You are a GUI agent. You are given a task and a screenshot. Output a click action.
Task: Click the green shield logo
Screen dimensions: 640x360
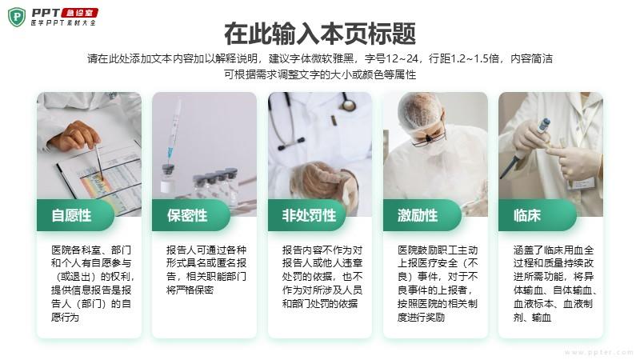pos(16,17)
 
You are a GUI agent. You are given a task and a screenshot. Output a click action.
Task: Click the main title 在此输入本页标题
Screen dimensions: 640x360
pos(320,34)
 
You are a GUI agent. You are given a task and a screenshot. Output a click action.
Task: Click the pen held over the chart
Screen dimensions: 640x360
pos(98,161)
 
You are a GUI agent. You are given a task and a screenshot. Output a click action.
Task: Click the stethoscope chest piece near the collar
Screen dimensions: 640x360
pos(348,106)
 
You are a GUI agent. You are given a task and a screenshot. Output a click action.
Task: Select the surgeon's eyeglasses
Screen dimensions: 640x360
pos(426,139)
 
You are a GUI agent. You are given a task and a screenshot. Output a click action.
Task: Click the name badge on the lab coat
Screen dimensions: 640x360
pos(582,183)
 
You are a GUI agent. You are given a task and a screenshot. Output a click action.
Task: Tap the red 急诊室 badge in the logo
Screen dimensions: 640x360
pos(80,13)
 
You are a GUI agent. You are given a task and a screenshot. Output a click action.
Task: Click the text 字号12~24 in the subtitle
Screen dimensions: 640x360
pos(391,58)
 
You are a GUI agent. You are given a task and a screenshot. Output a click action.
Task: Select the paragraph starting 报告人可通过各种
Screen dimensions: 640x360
pos(206,270)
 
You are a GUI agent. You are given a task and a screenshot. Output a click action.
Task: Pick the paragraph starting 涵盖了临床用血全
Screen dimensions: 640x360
pos(554,283)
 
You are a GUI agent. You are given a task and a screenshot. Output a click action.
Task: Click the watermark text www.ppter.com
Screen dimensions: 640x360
pos(598,352)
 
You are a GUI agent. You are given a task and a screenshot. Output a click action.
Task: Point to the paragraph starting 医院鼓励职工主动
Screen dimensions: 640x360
pos(438,283)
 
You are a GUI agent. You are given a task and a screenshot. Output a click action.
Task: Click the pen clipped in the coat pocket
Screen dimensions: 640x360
pos(333,121)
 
